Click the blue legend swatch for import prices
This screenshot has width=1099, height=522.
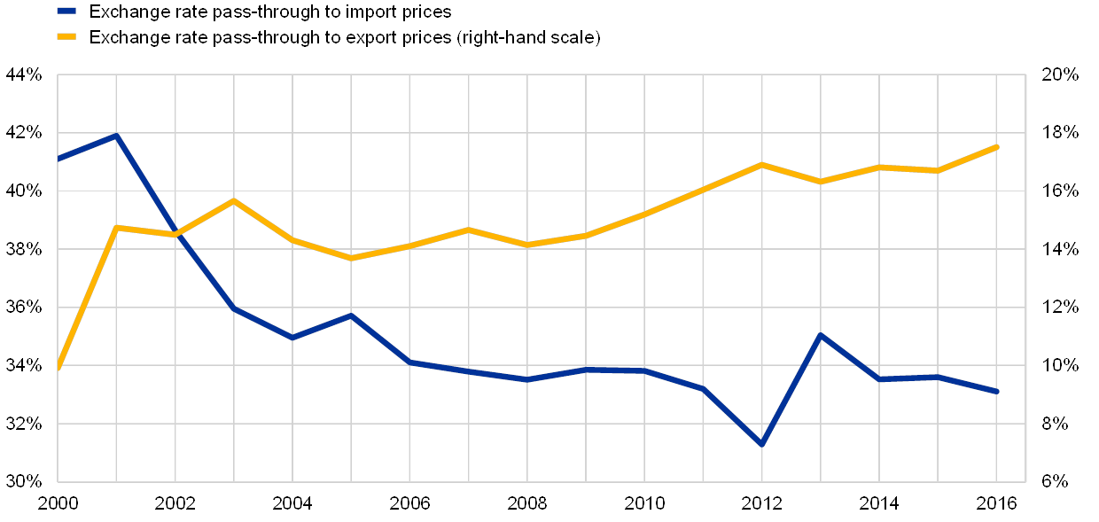(x=66, y=12)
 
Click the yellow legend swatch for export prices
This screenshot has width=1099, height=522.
(x=66, y=37)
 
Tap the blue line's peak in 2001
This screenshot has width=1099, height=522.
(x=116, y=135)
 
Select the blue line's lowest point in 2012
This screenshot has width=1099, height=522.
(x=761, y=444)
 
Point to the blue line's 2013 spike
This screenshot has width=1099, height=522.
(x=821, y=335)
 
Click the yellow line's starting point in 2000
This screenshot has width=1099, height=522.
(x=58, y=366)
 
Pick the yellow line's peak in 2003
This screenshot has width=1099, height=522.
(x=234, y=200)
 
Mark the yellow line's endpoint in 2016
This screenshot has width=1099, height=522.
(x=997, y=146)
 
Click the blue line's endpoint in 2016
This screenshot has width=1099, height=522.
(x=997, y=391)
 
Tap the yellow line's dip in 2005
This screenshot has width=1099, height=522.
(x=351, y=258)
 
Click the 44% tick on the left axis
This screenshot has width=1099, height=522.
(x=24, y=74)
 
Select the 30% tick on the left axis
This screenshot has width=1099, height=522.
(x=24, y=481)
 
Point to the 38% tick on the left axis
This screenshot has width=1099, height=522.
(x=24, y=249)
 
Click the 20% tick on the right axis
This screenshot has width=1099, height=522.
(x=1061, y=74)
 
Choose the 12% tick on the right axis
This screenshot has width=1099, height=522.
(x=1061, y=307)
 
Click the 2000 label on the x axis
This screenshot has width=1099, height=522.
(x=58, y=503)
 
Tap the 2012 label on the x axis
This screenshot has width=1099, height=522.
(x=762, y=503)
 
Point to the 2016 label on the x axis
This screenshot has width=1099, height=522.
(x=997, y=503)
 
